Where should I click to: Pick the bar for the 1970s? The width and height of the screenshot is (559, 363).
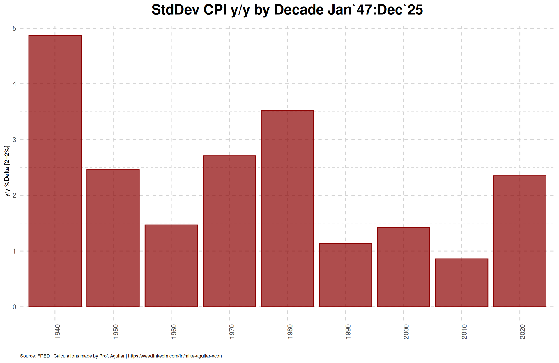(x=229, y=231)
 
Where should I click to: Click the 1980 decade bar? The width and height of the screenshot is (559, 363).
(x=287, y=208)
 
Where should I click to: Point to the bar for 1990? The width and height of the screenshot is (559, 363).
(x=345, y=275)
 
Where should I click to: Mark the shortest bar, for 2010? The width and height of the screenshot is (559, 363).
(x=461, y=283)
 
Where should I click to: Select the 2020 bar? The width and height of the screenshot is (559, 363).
(x=520, y=241)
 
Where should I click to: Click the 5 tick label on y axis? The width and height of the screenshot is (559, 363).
(x=14, y=29)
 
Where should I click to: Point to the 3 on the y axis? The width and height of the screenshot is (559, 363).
(x=14, y=140)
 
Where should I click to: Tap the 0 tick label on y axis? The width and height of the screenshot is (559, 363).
(x=14, y=307)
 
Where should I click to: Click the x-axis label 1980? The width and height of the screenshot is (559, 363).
(x=290, y=331)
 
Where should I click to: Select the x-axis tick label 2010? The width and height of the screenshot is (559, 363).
(x=464, y=331)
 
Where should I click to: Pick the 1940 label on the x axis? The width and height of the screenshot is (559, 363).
(x=58, y=331)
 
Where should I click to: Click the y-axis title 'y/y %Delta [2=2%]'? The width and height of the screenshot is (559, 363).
(x=7, y=171)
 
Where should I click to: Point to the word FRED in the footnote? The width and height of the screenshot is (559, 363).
(x=44, y=356)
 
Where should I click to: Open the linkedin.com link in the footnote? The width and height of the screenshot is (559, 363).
(x=175, y=356)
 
